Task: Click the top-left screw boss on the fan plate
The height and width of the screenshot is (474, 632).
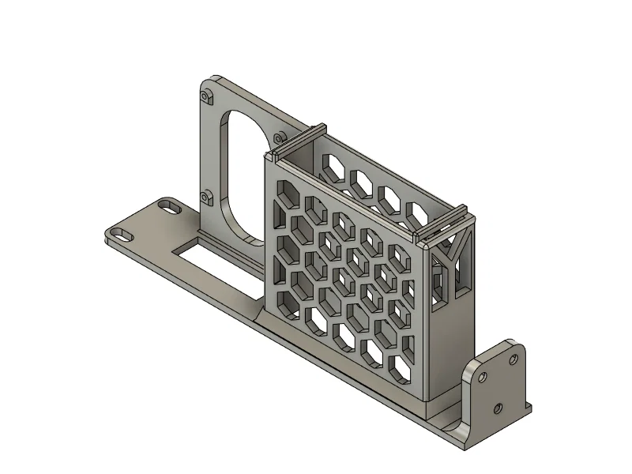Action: click(207, 96)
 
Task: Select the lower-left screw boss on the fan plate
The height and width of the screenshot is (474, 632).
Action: click(207, 196)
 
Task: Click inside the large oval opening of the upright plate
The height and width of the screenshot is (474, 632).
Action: click(237, 170)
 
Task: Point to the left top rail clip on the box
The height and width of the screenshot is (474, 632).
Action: click(299, 138)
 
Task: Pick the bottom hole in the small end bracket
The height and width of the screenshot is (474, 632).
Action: click(498, 408)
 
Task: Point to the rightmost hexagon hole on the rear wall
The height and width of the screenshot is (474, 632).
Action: click(414, 213)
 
